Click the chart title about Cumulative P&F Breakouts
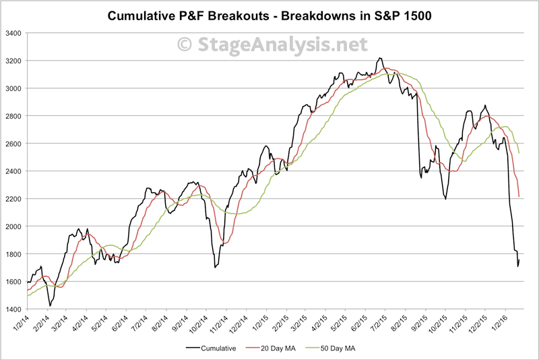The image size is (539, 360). tap(269, 16)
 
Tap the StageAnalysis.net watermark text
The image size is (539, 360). tap(272, 44)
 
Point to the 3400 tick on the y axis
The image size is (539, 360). tap(13, 33)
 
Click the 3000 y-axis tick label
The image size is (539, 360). tap(13, 88)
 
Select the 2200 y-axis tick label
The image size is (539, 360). tap(13, 199)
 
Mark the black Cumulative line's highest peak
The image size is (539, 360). tap(381, 58)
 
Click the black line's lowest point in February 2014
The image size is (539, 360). tap(50, 306)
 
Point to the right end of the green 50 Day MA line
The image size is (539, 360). tap(519, 153)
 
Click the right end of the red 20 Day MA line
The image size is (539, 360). tap(519, 196)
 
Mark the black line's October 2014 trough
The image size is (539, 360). tap(215, 268)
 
